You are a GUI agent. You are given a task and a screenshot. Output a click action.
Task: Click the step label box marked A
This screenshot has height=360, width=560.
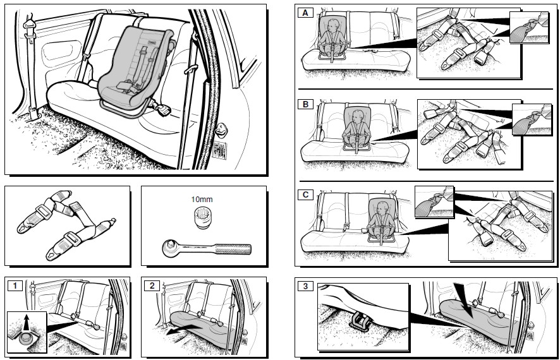[x=307, y=13]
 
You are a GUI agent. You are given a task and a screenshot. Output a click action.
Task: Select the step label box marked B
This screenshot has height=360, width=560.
[x=307, y=104]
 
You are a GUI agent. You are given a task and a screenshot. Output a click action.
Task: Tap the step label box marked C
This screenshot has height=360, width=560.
[x=307, y=195]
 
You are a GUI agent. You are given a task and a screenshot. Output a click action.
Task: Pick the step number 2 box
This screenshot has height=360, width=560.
[x=152, y=285]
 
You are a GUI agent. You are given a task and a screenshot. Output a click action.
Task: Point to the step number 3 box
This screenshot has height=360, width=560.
[x=307, y=286]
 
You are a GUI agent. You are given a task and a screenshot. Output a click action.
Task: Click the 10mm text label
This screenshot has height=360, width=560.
[x=201, y=199]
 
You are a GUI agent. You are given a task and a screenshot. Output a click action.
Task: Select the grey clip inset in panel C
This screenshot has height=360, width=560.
[x=434, y=202]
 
